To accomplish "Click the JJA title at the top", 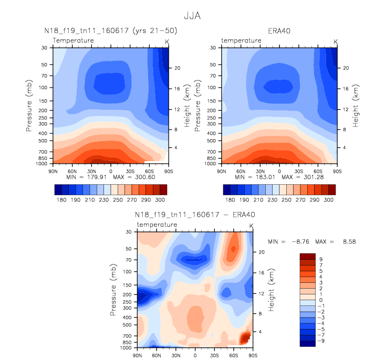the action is [192, 16].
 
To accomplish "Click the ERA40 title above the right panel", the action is [279, 31].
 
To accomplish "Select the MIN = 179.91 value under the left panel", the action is [86, 177].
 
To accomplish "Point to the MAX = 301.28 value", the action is [303, 177].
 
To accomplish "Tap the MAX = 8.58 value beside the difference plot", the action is [336, 241].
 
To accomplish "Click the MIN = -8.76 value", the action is [288, 241].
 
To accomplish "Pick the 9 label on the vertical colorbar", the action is [321, 259].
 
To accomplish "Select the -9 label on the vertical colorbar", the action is [321, 341].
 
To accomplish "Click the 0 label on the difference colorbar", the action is [321, 300].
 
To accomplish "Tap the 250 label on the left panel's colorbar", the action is [118, 200].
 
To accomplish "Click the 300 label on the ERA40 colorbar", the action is [328, 200].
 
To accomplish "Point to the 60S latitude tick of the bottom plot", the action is [234, 355].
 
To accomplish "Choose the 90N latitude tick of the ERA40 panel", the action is [222, 171].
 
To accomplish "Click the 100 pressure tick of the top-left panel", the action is [43, 88].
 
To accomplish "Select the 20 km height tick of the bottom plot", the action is [262, 252].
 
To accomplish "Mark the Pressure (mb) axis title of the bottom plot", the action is [113, 290].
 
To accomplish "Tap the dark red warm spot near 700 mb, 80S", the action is [245, 337].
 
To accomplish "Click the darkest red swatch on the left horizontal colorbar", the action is [163, 189].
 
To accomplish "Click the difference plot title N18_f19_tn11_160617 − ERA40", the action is [195, 215].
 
